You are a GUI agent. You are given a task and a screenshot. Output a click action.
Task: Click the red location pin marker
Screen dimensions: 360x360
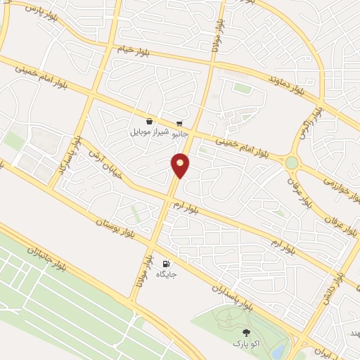[x=181, y=165]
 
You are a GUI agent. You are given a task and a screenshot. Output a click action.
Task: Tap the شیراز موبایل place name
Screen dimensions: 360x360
[x=149, y=131]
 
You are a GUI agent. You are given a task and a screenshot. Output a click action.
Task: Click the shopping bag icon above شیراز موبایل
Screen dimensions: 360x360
[x=150, y=122]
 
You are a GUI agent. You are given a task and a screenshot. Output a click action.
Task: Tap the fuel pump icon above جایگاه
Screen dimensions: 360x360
[x=167, y=263]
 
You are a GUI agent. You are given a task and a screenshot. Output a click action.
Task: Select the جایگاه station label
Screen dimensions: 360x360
[x=167, y=274]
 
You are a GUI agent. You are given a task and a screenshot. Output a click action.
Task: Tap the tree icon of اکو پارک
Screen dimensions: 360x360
[x=245, y=333]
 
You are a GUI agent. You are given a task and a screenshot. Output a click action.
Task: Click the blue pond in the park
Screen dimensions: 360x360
[x=279, y=349]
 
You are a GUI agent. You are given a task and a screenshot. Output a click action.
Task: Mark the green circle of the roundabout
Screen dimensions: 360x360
[x=291, y=162]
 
